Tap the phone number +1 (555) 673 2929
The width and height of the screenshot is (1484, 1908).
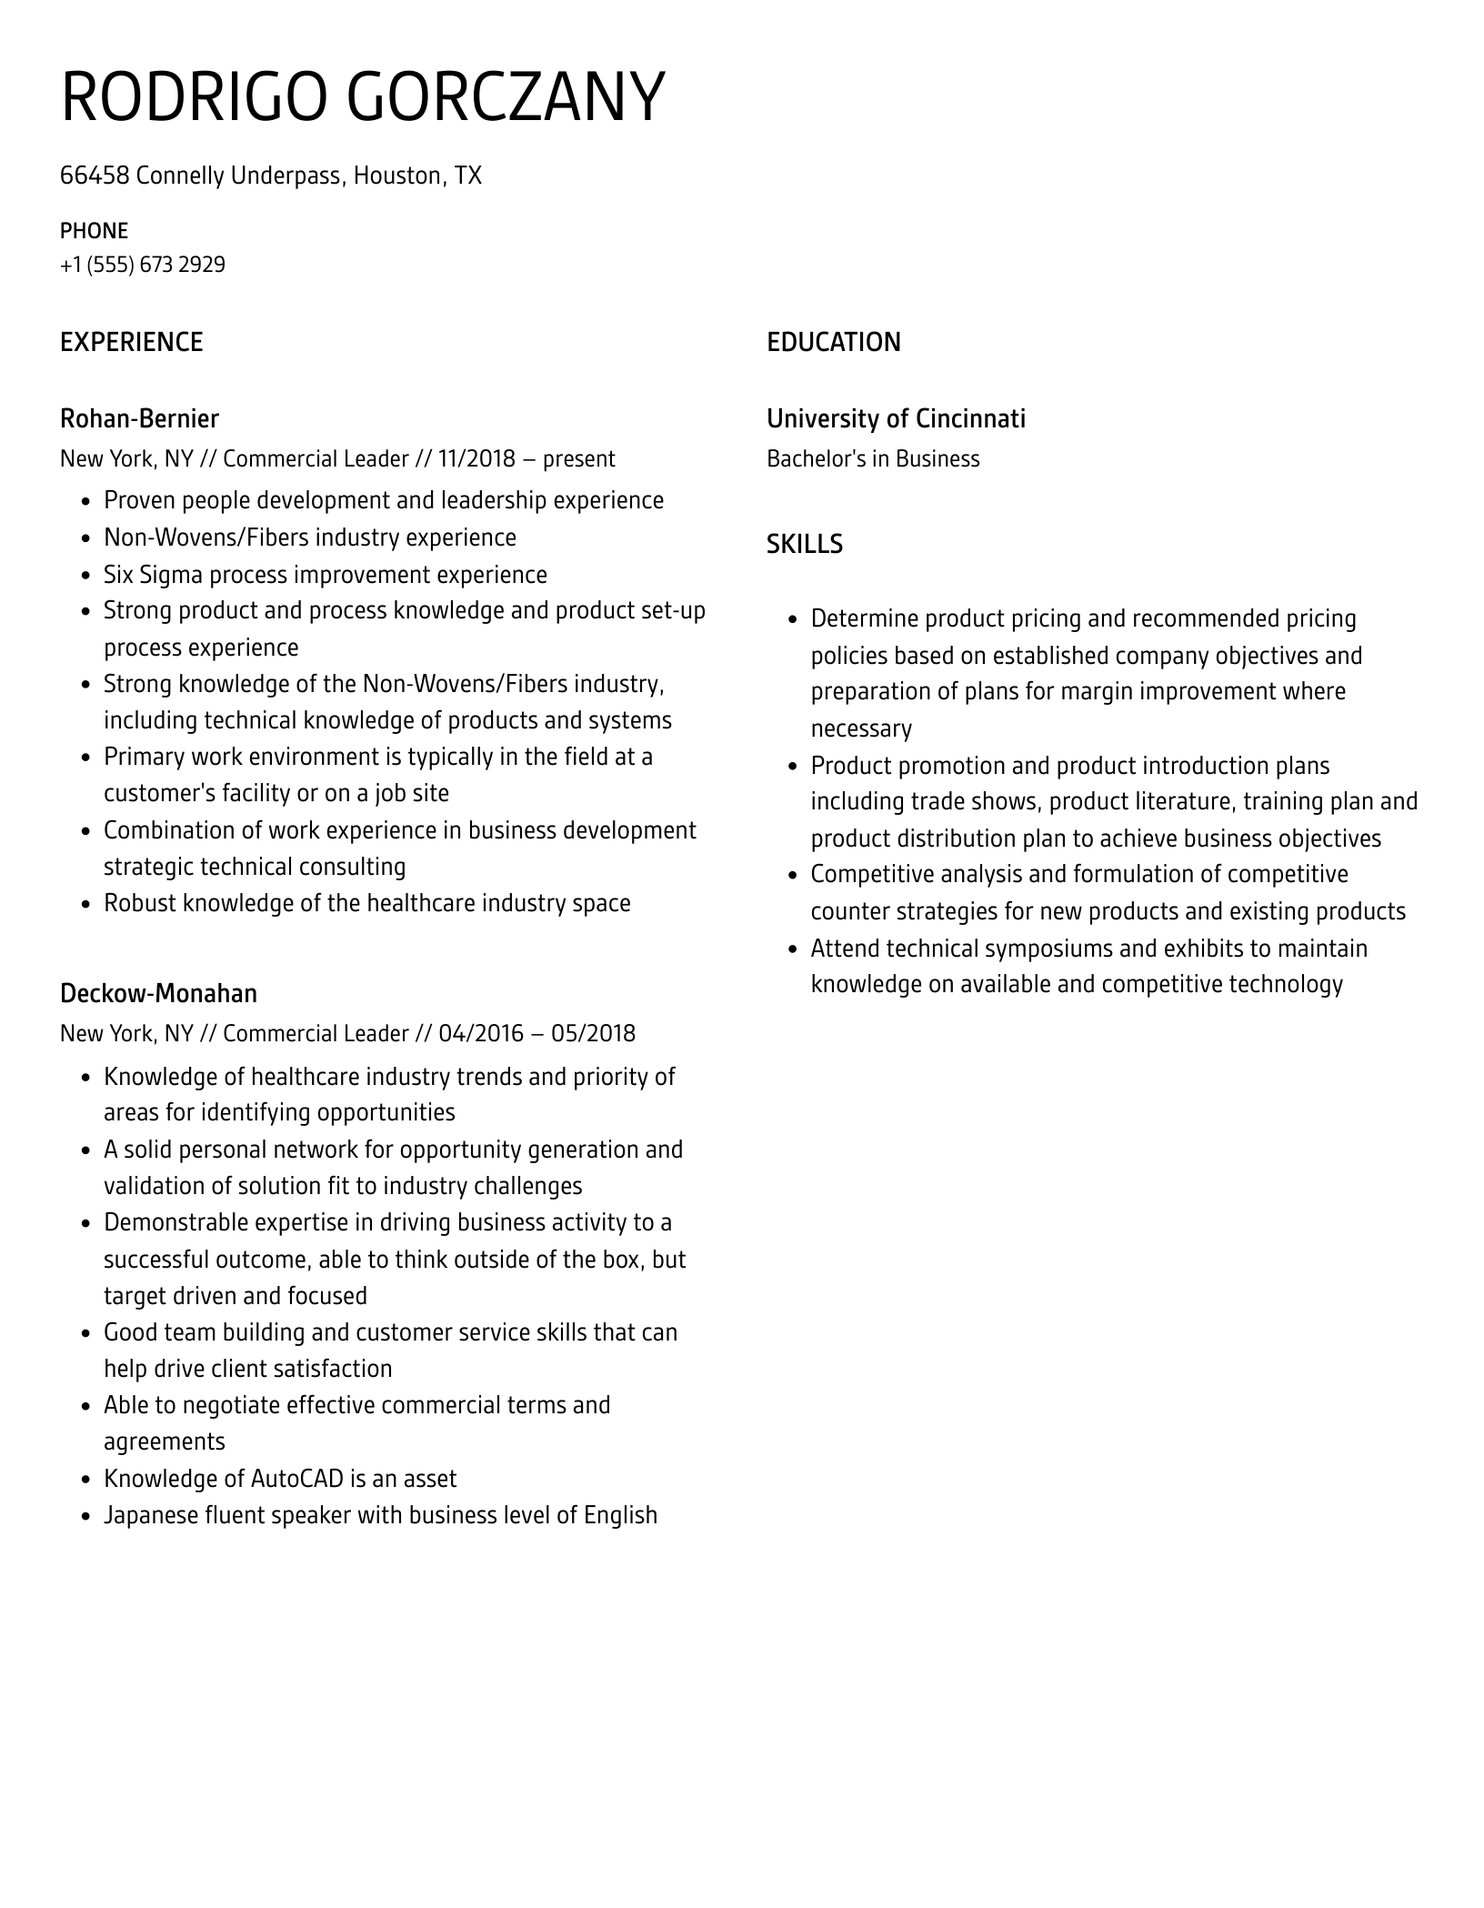pos(143,265)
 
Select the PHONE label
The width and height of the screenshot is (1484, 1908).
pos(94,231)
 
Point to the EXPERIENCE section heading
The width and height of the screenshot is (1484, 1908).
pos(131,342)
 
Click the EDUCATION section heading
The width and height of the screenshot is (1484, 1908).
pos(833,342)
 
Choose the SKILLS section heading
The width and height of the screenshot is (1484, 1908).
pos(804,544)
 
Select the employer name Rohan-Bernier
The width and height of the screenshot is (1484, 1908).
pos(139,418)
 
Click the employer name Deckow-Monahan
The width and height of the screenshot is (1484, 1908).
pos(158,993)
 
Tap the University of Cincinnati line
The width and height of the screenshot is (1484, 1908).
pos(895,418)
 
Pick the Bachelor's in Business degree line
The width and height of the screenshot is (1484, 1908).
pos(872,458)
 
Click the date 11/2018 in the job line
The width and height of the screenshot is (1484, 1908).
pos(476,458)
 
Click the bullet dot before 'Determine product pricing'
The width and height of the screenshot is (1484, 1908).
pos(792,619)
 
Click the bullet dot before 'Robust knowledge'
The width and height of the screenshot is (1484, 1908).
pos(85,904)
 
